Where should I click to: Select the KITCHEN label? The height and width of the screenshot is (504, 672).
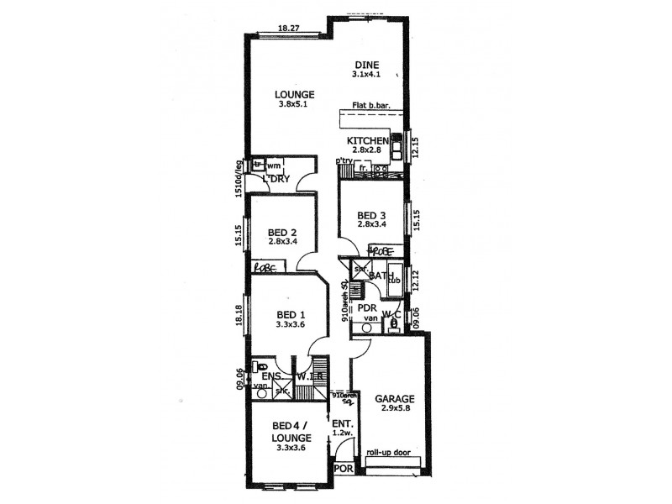pos(368,140)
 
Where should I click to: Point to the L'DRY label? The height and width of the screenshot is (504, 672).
pos(276,180)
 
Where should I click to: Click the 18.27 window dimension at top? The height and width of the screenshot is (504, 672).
pos(289,29)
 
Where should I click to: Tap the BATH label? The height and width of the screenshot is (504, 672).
pos(383,275)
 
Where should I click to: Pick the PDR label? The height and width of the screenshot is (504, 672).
pos(366,308)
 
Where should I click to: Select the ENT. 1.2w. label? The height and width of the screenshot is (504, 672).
pos(341,429)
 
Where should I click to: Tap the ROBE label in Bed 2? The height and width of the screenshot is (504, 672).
pos(265,267)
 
